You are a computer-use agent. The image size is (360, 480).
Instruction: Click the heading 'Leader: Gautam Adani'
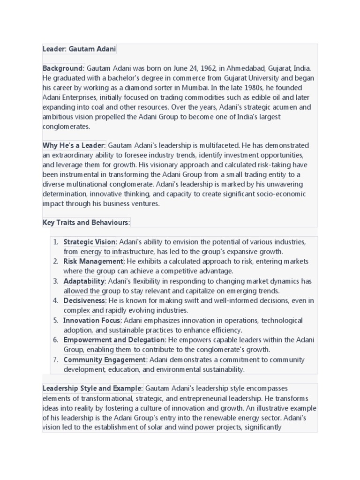click(x=79, y=49)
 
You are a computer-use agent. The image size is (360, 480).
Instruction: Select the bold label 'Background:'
click(x=63, y=68)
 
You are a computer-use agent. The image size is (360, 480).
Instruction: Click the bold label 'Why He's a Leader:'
click(x=74, y=145)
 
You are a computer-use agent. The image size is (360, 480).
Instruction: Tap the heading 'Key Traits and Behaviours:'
click(x=86, y=222)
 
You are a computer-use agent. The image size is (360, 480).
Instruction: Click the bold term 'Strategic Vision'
click(x=89, y=242)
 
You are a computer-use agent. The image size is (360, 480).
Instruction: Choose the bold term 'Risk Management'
click(x=93, y=261)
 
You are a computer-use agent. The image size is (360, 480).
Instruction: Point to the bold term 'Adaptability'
click(x=84, y=281)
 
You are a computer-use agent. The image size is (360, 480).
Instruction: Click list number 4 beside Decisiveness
click(x=55, y=300)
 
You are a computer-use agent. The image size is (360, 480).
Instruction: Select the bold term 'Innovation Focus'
click(x=92, y=321)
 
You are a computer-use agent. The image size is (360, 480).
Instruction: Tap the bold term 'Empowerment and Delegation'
click(x=114, y=340)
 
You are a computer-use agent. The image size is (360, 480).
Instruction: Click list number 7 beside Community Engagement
click(x=55, y=360)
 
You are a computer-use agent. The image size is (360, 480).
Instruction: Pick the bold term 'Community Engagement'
click(x=105, y=360)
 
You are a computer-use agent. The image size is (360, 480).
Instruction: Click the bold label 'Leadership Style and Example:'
click(x=92, y=389)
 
